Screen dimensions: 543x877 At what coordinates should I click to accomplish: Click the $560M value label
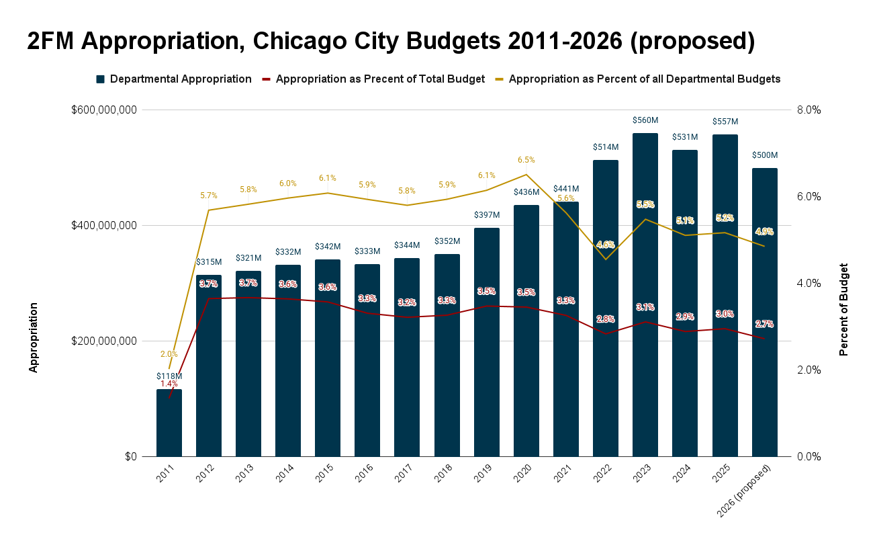[x=645, y=120]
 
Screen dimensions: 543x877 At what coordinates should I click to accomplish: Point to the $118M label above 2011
[x=169, y=376]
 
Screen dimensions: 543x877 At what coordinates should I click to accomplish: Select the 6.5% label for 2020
[x=526, y=160]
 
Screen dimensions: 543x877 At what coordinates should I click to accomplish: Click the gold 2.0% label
[x=169, y=354]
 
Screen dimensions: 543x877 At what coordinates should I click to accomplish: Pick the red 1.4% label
[x=169, y=384]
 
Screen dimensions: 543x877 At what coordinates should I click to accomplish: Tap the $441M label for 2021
[x=566, y=189]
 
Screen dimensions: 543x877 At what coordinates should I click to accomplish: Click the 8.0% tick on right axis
[x=809, y=110]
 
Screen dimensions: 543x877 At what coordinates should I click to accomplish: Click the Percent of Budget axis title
[x=844, y=310]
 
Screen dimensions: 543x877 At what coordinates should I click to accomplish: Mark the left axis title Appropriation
[x=33, y=337]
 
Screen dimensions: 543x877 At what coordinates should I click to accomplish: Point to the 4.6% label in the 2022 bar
[x=606, y=245]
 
